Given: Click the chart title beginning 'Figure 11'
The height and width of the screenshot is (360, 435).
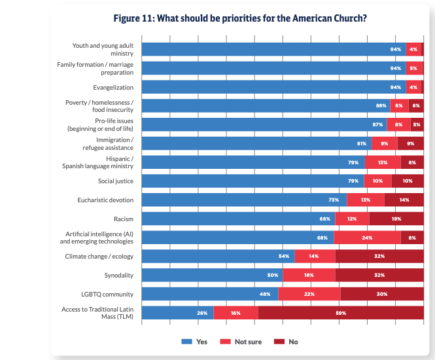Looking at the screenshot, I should (x=240, y=18).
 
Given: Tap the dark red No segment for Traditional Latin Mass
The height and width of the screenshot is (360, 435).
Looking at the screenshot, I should (x=341, y=314).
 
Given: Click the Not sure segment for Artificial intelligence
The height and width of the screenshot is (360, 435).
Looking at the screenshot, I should (x=367, y=238).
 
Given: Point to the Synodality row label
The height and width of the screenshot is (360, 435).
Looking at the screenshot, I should (x=118, y=276).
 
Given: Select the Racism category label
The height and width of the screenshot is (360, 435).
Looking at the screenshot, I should (x=123, y=219).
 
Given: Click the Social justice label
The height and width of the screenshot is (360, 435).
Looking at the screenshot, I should (x=116, y=181).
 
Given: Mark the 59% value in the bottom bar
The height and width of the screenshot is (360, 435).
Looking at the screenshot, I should (x=341, y=314).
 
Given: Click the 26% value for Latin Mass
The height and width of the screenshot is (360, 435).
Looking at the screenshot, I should (x=202, y=314).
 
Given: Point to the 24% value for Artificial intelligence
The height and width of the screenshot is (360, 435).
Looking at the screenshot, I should (x=367, y=238).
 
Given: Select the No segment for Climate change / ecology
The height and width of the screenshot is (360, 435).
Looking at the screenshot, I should (x=379, y=257).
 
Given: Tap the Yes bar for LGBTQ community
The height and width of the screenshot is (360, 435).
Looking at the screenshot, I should (x=209, y=295).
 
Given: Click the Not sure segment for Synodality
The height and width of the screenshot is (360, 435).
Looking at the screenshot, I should (x=309, y=276).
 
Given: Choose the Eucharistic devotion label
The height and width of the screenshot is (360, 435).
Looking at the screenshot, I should (x=105, y=200).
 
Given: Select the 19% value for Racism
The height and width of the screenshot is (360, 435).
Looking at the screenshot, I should (x=396, y=219).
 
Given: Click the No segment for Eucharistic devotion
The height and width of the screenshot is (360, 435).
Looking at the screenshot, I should (x=404, y=200).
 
